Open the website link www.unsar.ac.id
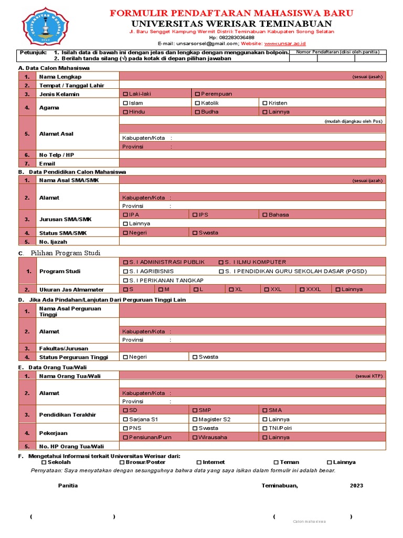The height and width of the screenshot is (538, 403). [x=285, y=44]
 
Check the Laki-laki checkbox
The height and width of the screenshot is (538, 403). [x=125, y=94]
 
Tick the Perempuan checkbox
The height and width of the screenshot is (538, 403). [x=197, y=94]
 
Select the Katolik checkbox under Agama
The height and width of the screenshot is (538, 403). [x=197, y=103]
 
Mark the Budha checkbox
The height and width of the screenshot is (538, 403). [x=197, y=112]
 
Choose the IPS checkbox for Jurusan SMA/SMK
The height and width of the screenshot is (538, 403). [x=195, y=215]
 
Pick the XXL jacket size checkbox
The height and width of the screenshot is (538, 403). [x=267, y=289]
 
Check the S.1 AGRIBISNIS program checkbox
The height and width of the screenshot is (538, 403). [x=125, y=271]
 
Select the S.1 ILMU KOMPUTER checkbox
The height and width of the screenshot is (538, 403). [x=221, y=262]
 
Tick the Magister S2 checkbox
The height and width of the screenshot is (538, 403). [x=195, y=420]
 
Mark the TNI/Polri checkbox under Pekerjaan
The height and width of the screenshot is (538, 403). [x=264, y=428]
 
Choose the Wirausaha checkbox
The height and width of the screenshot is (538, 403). [x=195, y=437]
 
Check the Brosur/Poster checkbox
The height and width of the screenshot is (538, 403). [x=122, y=462]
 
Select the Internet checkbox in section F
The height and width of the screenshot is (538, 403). [x=199, y=462]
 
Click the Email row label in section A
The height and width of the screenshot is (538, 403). [x=47, y=163]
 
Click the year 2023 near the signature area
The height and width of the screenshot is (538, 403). [x=356, y=485]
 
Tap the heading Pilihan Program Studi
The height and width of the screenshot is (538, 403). [x=65, y=253]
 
